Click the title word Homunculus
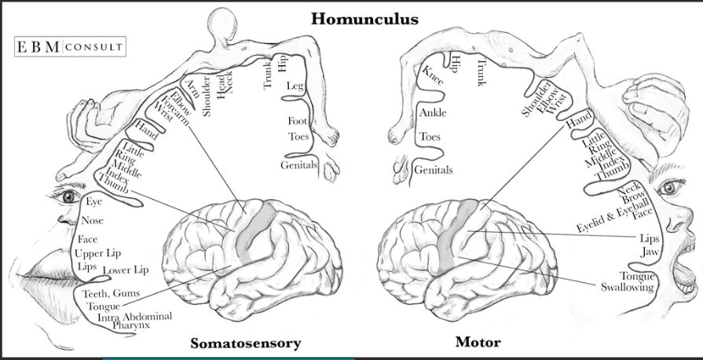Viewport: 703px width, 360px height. pyautogui.click(x=364, y=17)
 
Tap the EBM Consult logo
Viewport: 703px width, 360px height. pyautogui.click(x=69, y=46)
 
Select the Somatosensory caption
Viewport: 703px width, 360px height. pyautogui.click(x=245, y=343)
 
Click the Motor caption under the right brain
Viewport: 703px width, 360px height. pyautogui.click(x=478, y=343)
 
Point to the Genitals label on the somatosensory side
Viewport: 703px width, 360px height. pyautogui.click(x=298, y=165)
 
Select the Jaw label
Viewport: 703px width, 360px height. pyautogui.click(x=648, y=251)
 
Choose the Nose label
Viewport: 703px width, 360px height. pyautogui.click(x=92, y=221)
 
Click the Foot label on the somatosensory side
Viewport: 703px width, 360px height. pyautogui.click(x=297, y=121)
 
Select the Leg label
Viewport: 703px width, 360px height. pyautogui.click(x=295, y=85)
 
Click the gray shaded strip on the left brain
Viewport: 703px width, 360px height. pyautogui.click(x=253, y=228)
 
